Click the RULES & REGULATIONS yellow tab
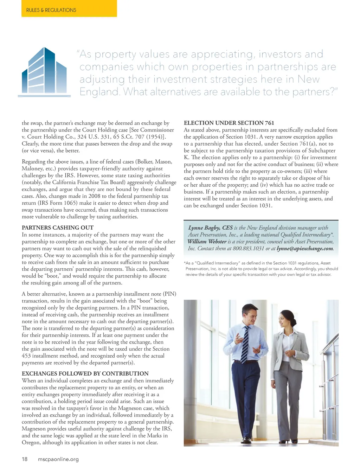click(x=51, y=10)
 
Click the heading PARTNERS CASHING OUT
click(x=58, y=228)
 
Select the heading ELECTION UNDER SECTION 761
click(x=229, y=123)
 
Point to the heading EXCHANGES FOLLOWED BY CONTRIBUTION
click(x=85, y=373)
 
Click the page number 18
click(x=25, y=459)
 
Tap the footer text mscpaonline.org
click(x=58, y=459)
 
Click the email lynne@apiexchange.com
click(x=305, y=249)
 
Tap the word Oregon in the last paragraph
click(x=31, y=442)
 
